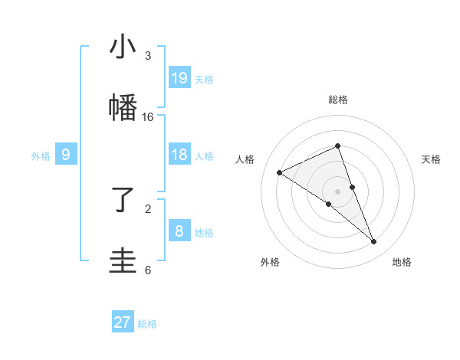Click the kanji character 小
click(x=123, y=47)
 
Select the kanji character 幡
click(x=123, y=107)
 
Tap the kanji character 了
click(x=123, y=201)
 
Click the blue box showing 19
click(x=179, y=77)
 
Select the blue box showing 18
click(x=179, y=155)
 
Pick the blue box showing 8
click(x=179, y=231)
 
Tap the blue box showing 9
click(x=66, y=155)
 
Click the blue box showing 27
click(x=123, y=322)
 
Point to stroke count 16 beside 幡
click(x=148, y=117)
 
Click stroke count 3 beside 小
click(x=148, y=56)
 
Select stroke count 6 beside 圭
click(x=148, y=270)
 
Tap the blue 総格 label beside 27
click(x=147, y=324)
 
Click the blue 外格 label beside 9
click(x=41, y=156)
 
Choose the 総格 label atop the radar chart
click(x=338, y=100)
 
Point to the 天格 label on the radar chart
click(x=432, y=159)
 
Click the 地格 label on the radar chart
click(x=402, y=262)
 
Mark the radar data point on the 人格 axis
click(x=280, y=172)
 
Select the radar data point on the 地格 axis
click(x=374, y=242)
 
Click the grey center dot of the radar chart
click(x=338, y=191)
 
